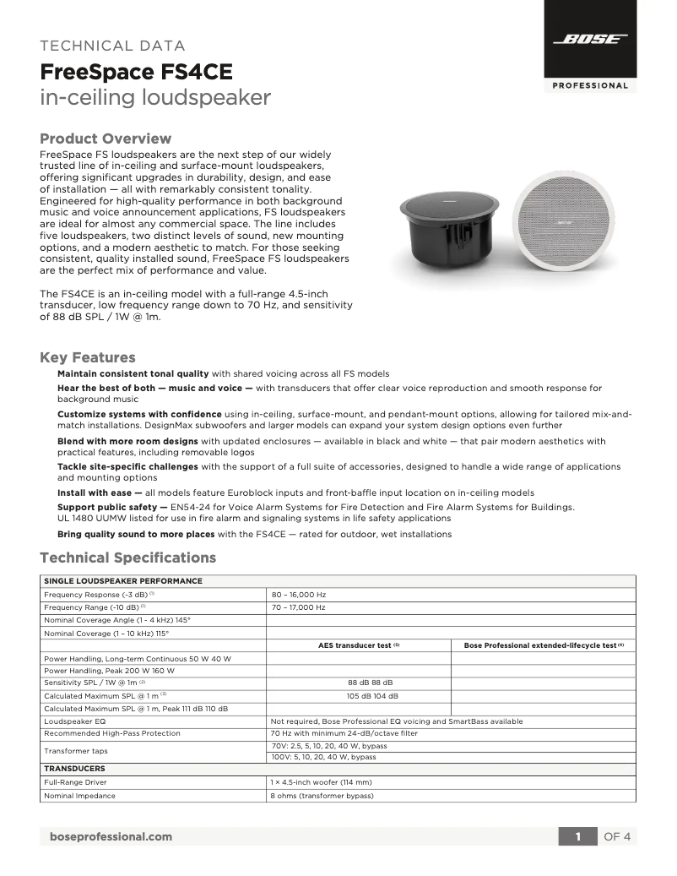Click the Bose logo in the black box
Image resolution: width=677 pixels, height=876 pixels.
(x=590, y=40)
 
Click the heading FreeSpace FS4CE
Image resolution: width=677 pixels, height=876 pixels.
(x=136, y=72)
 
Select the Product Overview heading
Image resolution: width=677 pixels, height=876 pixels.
(x=106, y=139)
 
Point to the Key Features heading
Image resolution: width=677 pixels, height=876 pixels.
(x=88, y=357)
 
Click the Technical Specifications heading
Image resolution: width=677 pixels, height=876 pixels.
(x=128, y=558)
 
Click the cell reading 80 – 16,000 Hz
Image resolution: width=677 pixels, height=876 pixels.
(x=298, y=594)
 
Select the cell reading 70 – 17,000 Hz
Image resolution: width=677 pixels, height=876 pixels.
(x=298, y=607)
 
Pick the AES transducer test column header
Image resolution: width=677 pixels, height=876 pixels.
(x=359, y=645)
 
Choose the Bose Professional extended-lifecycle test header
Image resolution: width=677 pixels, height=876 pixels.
(x=544, y=645)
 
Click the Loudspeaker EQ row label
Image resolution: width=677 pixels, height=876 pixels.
(x=75, y=721)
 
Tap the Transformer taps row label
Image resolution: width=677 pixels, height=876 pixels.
(x=74, y=750)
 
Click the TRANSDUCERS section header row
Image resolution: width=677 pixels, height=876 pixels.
(x=74, y=769)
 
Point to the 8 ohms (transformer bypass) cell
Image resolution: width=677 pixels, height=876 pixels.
(x=322, y=795)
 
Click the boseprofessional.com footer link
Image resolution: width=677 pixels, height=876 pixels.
(x=111, y=836)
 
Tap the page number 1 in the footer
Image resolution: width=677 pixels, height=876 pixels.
(x=578, y=836)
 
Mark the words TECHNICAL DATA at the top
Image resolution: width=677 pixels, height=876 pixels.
(x=113, y=46)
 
